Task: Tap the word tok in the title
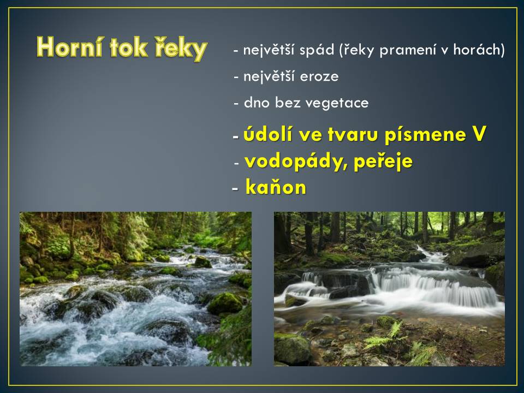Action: pyautogui.click(x=129, y=47)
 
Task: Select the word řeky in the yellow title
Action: pyautogui.click(x=181, y=49)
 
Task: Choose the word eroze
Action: pyautogui.click(x=319, y=77)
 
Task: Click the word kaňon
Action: pyautogui.click(x=276, y=187)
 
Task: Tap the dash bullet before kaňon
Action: pyautogui.click(x=235, y=189)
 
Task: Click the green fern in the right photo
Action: pyautogui.click(x=388, y=335)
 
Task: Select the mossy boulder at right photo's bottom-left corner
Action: pyautogui.click(x=291, y=349)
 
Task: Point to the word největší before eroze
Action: pyautogui.click(x=269, y=77)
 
